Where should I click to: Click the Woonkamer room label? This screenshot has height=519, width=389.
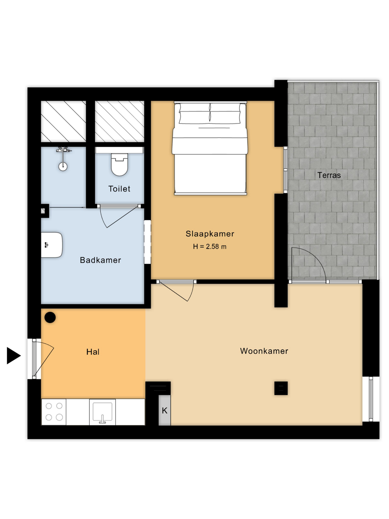(264, 351)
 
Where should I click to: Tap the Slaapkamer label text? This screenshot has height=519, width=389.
(210, 234)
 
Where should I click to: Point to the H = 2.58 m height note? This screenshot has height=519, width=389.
(210, 247)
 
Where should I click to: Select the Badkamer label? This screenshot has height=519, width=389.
(100, 260)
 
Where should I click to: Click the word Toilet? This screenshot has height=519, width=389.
(119, 189)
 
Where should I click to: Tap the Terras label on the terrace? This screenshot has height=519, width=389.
(329, 175)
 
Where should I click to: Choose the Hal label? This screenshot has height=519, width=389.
(93, 352)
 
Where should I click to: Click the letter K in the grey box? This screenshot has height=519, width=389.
(165, 411)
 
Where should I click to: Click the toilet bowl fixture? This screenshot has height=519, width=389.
(119, 164)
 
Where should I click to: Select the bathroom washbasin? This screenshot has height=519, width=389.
(52, 245)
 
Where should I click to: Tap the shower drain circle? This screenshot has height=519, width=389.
(63, 167)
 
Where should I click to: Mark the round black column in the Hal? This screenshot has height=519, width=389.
(50, 317)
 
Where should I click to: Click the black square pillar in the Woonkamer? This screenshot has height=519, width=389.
(281, 388)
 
